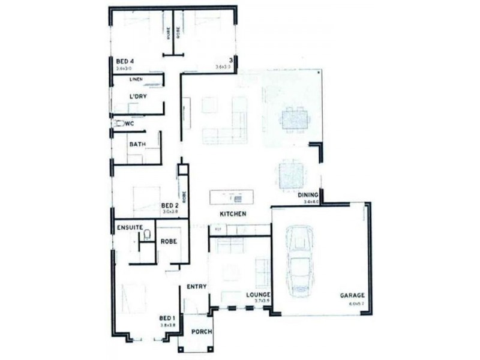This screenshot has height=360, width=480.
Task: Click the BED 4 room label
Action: point(124,61)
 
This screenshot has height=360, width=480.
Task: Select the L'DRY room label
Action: point(138,96)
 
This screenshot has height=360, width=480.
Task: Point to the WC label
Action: point(128,124)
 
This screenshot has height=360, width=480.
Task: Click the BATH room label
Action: point(137,144)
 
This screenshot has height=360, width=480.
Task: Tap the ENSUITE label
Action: point(130,227)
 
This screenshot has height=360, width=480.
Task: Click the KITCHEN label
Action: point(233,214)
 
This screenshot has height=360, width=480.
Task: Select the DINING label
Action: point(307,195)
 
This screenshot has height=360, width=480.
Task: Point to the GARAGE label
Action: point(352,296)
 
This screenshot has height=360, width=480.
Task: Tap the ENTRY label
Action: point(196,287)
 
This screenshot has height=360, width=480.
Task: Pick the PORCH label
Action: point(199,332)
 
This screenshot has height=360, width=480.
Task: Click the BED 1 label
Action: point(167,318)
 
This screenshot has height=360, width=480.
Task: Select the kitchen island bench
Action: point(232,197)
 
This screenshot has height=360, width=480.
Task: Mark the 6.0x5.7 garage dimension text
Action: point(356,304)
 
